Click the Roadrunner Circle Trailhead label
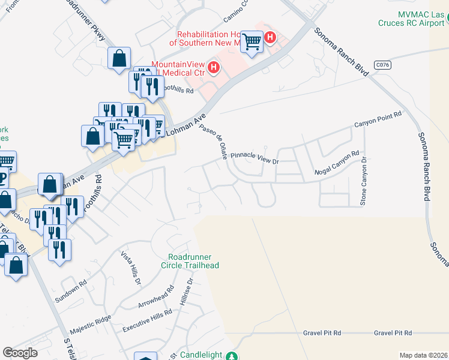point(190,261)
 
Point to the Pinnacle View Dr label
point(256,158)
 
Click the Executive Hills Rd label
point(146,323)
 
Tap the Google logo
point(20,353)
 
